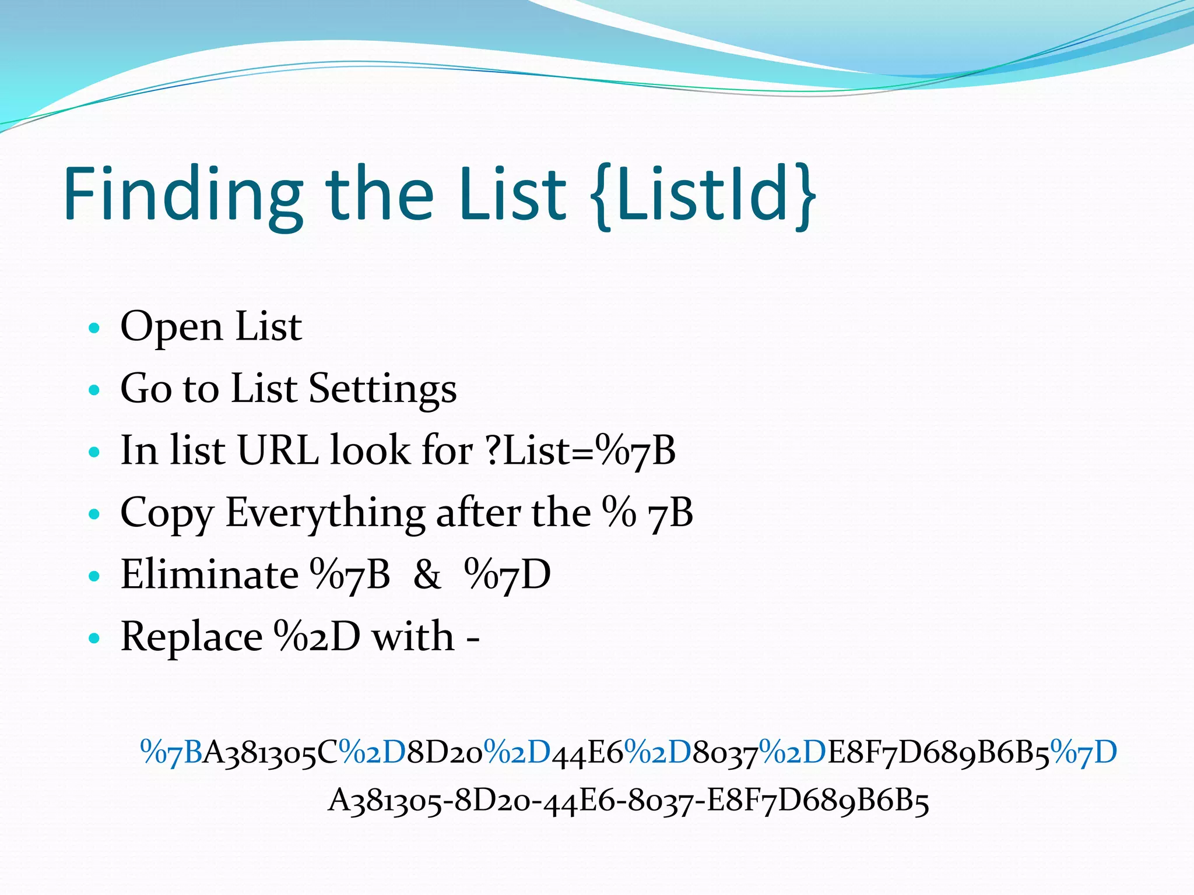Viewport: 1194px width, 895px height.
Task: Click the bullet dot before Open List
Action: (94, 328)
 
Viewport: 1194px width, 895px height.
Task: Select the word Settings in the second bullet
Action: (382, 389)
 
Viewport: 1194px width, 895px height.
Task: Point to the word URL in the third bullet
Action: (278, 451)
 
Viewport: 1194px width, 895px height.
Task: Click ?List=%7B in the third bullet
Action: (580, 451)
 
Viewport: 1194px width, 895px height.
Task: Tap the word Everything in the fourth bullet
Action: (325, 513)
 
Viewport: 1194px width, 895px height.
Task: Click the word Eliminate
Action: (209, 575)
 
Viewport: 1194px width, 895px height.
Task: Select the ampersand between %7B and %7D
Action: (427, 575)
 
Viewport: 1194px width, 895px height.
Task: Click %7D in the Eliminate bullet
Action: (507, 575)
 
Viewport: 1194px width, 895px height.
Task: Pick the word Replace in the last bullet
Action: (191, 637)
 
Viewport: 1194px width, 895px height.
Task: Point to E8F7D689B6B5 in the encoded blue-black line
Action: (938, 752)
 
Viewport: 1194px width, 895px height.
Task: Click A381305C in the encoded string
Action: (270, 752)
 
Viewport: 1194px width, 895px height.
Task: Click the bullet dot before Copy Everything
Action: (94, 515)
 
